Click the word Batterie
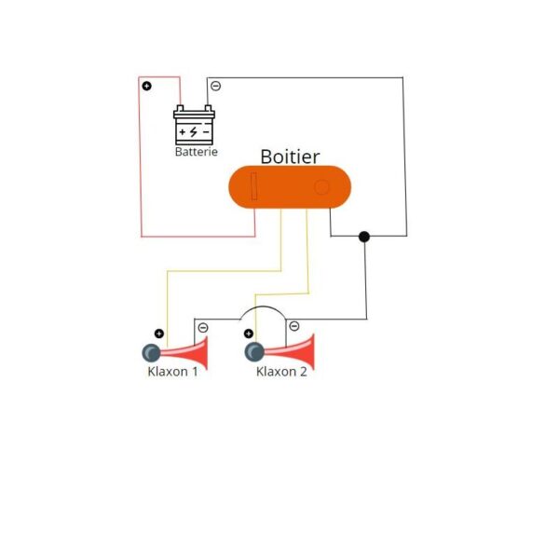point(196,151)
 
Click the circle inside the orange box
point(321,187)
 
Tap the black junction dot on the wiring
point(364,237)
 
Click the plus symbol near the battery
point(146,86)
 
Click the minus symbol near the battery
point(215,86)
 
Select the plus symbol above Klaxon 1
point(158,334)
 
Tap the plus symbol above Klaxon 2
point(249,334)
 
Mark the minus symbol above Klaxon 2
point(293,325)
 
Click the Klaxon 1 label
point(172,371)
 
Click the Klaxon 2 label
point(280,371)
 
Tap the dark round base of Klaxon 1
point(150,352)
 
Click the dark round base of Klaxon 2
point(252,352)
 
